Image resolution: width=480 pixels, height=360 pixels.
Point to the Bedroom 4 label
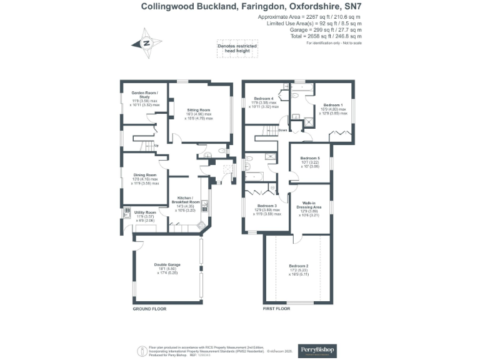(264, 99)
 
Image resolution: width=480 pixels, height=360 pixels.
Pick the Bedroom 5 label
(310, 158)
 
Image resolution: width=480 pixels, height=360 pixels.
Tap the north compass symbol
(146, 43)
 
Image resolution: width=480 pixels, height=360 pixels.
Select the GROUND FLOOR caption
(150, 309)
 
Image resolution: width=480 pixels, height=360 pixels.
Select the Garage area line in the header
(326, 29)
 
